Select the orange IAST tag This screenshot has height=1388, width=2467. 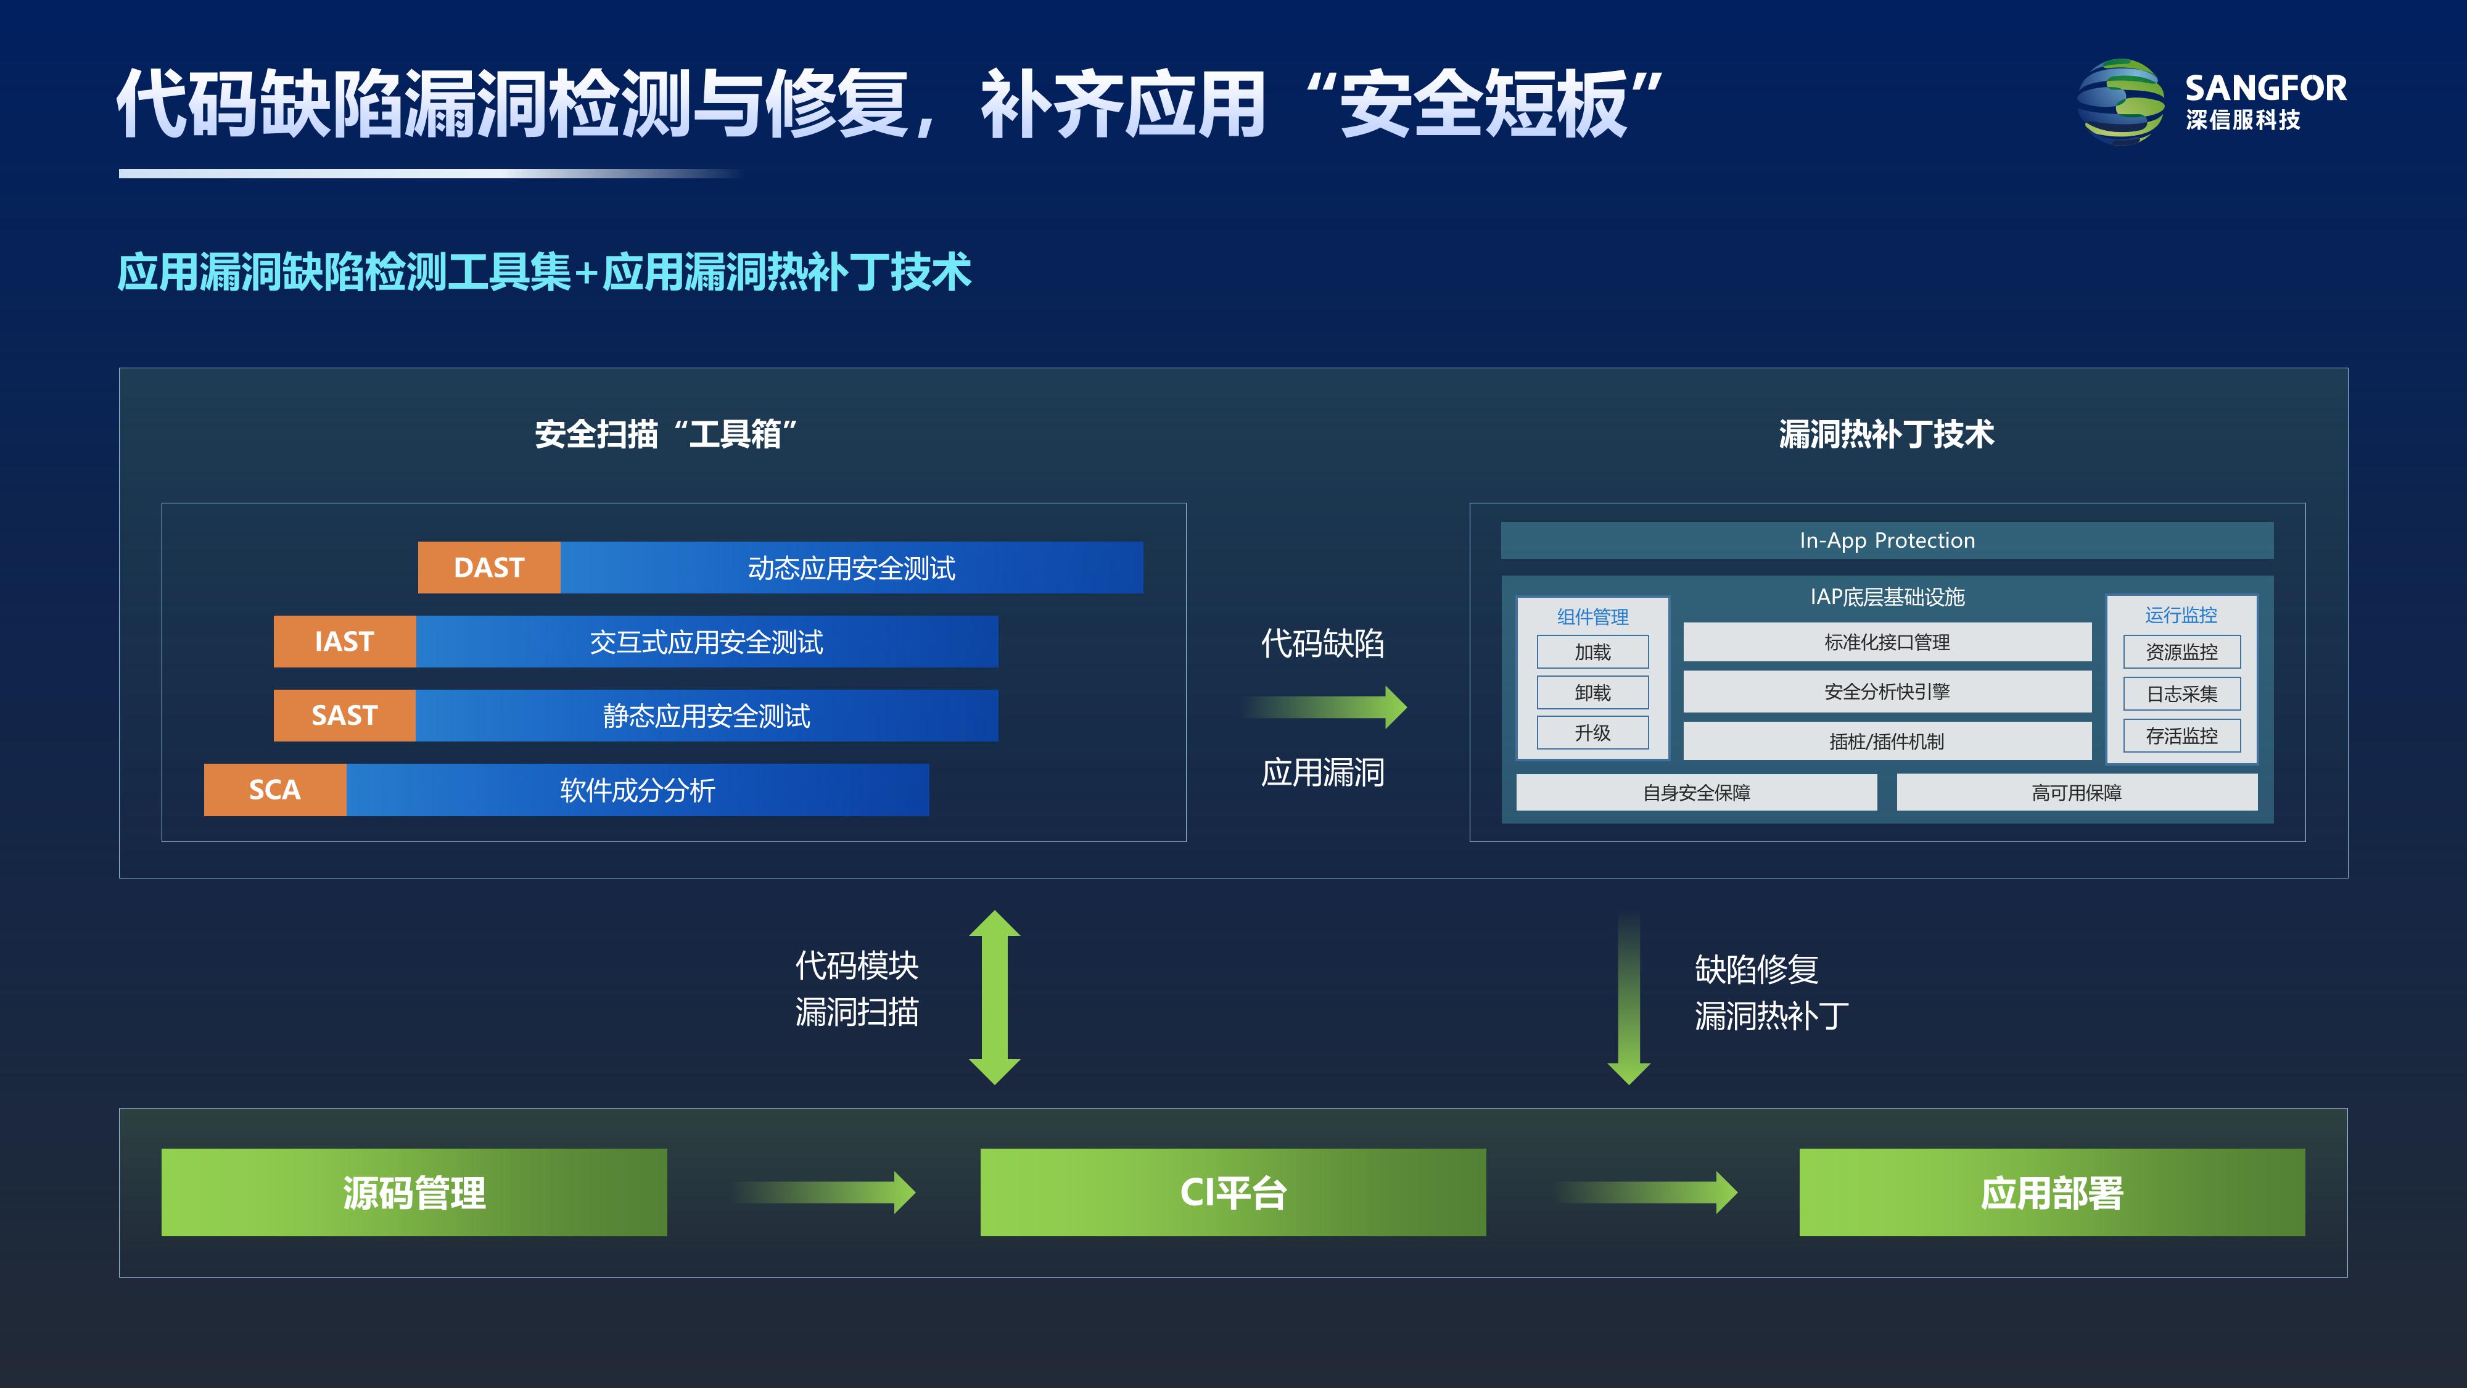[x=344, y=641]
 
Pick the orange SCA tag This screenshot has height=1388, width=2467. [x=275, y=790]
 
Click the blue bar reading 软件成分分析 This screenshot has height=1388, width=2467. [x=638, y=790]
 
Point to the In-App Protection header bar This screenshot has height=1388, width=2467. [x=1887, y=540]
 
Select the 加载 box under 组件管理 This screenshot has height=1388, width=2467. [x=1592, y=652]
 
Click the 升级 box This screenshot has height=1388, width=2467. [x=1592, y=733]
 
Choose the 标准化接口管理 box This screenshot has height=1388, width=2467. [x=1887, y=642]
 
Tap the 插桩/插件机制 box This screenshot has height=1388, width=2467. [x=1887, y=740]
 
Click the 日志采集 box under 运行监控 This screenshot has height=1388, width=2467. [x=2181, y=693]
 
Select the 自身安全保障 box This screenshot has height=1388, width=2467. [x=1696, y=792]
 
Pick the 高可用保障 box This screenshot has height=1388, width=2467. [x=2076, y=792]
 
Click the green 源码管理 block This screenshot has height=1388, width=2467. [x=414, y=1192]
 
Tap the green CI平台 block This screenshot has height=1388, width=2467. [x=1232, y=1192]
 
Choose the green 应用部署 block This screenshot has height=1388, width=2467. [x=2051, y=1192]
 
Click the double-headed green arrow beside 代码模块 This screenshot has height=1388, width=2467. [x=994, y=996]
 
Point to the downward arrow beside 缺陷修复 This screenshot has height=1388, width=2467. [x=1628, y=1001]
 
